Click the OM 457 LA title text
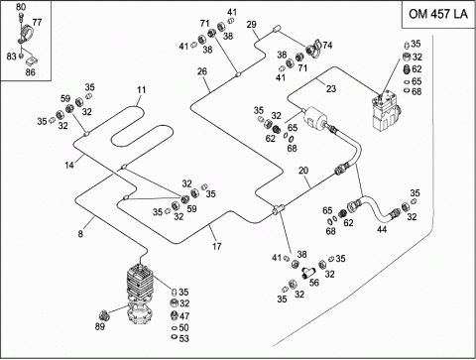(x=438, y=14)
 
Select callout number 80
(x=21, y=7)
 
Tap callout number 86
(x=30, y=72)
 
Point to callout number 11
(x=142, y=90)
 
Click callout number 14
(x=69, y=165)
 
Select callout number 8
(x=80, y=234)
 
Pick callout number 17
(x=216, y=246)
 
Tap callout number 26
(x=202, y=71)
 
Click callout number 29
(x=251, y=25)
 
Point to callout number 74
(x=327, y=45)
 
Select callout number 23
(x=331, y=88)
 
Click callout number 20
(x=303, y=171)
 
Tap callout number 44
(x=382, y=229)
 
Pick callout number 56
(x=314, y=283)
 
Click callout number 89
(x=100, y=326)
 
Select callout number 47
(x=184, y=316)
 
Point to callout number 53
(x=184, y=338)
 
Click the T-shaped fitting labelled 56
(x=307, y=273)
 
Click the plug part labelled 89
(x=104, y=315)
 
